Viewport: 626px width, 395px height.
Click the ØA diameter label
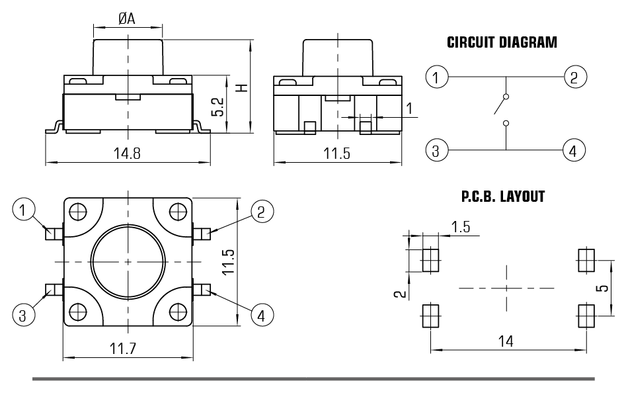point(127,19)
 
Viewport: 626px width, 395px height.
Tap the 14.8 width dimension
point(127,154)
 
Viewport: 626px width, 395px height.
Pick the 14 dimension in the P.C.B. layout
point(506,341)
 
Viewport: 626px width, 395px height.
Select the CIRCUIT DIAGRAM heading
point(502,43)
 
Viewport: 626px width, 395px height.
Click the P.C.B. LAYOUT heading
point(502,197)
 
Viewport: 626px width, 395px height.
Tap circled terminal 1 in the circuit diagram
point(435,77)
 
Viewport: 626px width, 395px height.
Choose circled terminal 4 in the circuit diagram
point(574,151)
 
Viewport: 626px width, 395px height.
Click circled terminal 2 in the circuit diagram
point(574,77)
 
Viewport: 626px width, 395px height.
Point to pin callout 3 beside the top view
point(22,316)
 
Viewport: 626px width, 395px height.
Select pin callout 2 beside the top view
point(262,212)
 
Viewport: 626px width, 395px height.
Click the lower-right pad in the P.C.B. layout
point(586,315)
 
